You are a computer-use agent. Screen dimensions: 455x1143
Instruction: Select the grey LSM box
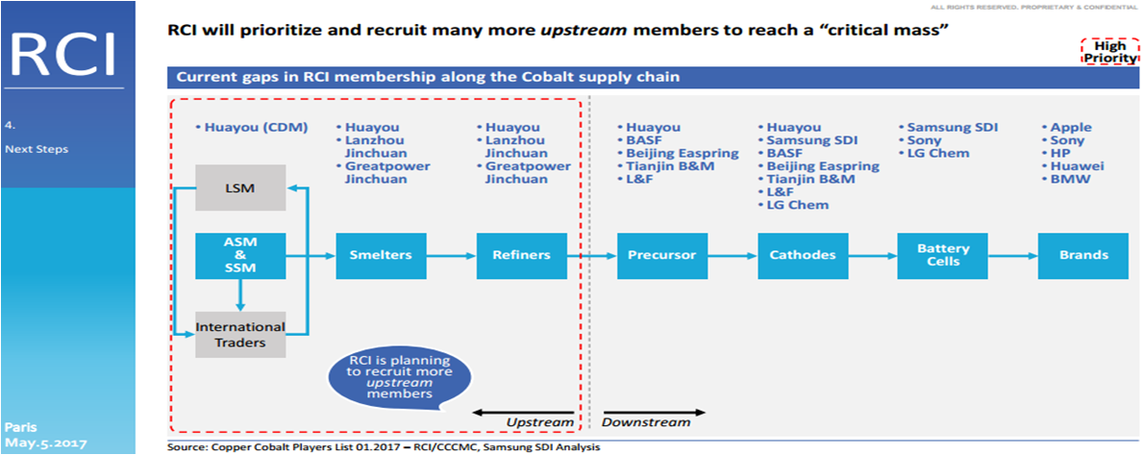pyautogui.click(x=240, y=187)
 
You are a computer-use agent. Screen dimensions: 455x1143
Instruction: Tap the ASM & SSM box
pyautogui.click(x=240, y=255)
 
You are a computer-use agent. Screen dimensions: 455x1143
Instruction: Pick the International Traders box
pyautogui.click(x=240, y=334)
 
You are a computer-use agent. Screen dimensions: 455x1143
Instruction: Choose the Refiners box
pyautogui.click(x=522, y=255)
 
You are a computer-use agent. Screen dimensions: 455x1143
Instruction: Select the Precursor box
pyautogui.click(x=662, y=255)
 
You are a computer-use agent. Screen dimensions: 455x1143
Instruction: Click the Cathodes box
pyautogui.click(x=803, y=255)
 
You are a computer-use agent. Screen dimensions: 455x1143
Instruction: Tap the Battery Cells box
pyautogui.click(x=942, y=255)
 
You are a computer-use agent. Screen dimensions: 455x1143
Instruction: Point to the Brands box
pyautogui.click(x=1083, y=255)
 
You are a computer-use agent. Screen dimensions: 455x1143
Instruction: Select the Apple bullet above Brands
pyautogui.click(x=1071, y=127)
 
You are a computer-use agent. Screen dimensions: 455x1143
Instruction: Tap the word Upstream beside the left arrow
pyautogui.click(x=539, y=421)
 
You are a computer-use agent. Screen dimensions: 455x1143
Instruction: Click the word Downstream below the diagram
pyautogui.click(x=646, y=421)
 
